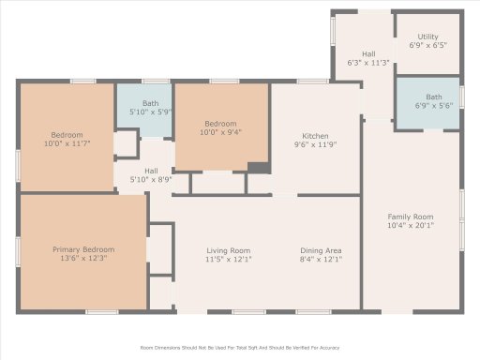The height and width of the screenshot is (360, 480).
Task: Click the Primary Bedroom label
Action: point(82,249)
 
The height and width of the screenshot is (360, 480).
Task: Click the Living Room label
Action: point(228,250)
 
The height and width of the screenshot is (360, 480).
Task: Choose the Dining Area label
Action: point(321,250)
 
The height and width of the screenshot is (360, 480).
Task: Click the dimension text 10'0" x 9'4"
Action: point(221,133)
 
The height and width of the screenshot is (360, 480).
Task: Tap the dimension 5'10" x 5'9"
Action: point(150,112)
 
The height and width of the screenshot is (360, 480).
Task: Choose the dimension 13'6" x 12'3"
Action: point(82,259)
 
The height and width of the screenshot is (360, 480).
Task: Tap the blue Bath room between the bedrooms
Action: point(144,107)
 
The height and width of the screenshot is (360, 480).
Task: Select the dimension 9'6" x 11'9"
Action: point(314,144)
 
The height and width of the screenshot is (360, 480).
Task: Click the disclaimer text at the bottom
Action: point(239,348)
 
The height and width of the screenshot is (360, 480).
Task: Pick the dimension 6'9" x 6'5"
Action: point(427,44)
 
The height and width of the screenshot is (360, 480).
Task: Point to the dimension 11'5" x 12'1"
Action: point(228,260)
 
